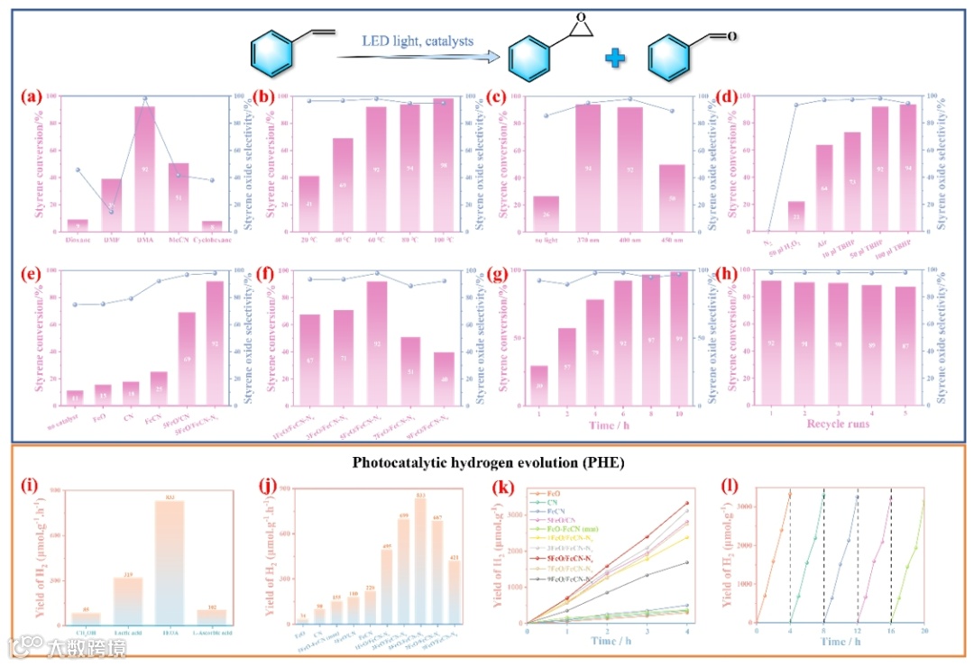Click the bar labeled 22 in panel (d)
[796, 215]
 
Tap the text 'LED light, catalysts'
[418, 41]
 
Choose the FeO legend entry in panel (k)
[550, 495]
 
